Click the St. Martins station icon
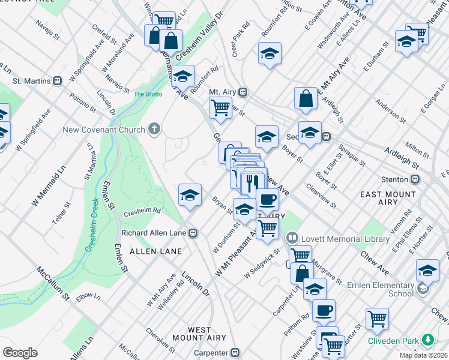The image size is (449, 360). coord(58,80)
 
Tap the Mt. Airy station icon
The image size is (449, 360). coord(243,92)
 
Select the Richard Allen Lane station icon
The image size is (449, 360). coord(193,233)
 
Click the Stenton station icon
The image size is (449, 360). coord(415,179)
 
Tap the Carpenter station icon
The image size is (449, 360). coord(235,353)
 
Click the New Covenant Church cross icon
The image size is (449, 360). coord(154,129)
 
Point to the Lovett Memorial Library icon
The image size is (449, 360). coord(292,239)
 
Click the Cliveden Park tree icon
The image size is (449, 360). coord(427,340)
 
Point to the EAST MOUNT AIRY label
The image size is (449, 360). coord(388,198)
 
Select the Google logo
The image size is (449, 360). coord(20,353)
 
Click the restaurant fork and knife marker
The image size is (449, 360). coord(252,181)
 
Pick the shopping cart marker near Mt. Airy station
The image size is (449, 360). coord(220,108)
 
